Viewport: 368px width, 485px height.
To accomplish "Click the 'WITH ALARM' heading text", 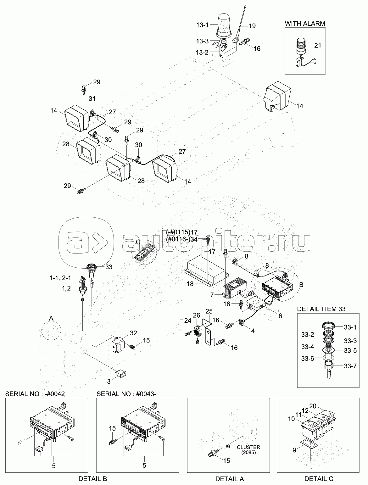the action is tap(305, 23).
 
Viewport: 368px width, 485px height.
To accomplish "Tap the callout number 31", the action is tap(92, 98).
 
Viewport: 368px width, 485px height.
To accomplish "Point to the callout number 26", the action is tap(197, 315).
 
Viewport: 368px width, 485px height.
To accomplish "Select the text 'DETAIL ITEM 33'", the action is tap(321, 309).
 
